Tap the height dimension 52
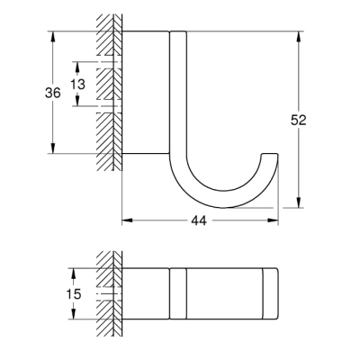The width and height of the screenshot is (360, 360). [x=311, y=121]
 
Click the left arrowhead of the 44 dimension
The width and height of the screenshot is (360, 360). [x=125, y=219]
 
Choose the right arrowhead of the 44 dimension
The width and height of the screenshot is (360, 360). [x=274, y=219]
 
